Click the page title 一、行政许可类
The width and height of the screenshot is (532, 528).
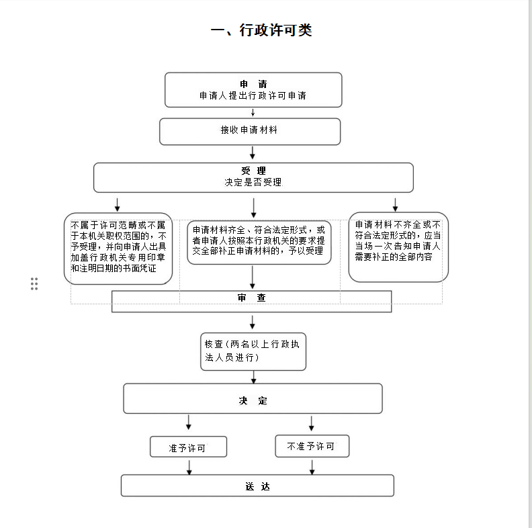261,30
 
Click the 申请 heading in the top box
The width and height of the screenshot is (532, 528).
253,84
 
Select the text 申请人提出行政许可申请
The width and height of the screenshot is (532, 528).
253,96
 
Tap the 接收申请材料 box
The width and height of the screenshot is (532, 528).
249,131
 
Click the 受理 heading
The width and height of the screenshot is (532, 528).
253,171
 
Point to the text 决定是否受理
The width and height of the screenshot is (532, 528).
253,182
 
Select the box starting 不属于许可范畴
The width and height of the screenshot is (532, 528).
118,248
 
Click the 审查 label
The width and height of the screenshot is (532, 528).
251,298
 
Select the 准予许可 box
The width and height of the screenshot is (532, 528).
188,447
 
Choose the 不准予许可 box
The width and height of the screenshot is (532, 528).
312,446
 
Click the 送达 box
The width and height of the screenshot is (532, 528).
257,486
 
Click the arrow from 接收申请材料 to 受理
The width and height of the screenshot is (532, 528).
253,153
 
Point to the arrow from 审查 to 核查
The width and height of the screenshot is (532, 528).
253,322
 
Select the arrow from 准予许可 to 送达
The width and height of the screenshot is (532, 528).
189,467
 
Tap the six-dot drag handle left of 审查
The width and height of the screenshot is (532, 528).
34,283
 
